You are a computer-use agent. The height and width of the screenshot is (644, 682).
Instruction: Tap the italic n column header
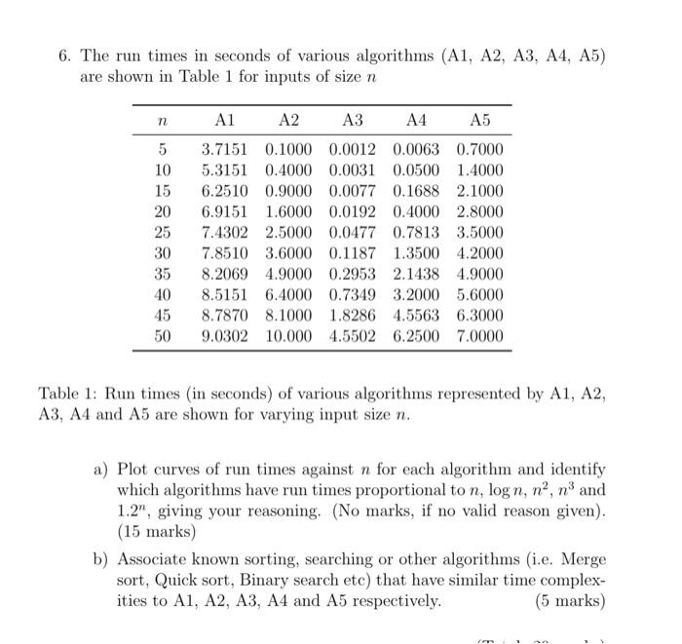click(163, 121)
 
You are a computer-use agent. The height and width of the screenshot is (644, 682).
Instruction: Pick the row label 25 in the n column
click(163, 232)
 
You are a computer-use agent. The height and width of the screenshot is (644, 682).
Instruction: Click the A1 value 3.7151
click(223, 150)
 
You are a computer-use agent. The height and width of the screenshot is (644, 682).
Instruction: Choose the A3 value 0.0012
click(352, 150)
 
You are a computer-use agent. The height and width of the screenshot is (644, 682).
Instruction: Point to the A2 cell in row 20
click(287, 211)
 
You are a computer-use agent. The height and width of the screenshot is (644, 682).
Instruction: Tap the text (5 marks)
click(571, 601)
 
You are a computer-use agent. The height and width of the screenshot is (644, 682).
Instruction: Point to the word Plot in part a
click(136, 469)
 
